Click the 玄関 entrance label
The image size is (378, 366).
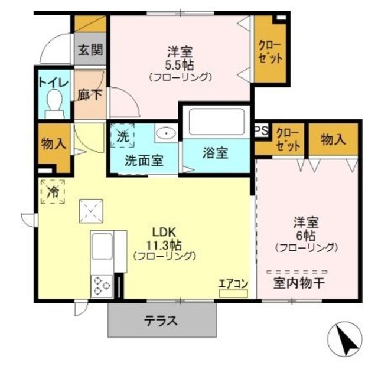click(x=89, y=50)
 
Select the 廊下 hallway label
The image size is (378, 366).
click(x=89, y=94)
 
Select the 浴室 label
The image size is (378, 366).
click(x=215, y=153)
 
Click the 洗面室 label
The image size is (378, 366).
click(x=144, y=159)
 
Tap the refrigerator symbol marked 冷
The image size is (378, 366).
click(x=53, y=192)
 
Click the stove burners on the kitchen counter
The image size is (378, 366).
click(x=101, y=287)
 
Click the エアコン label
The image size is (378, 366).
click(x=233, y=283)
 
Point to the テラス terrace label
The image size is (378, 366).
click(x=161, y=322)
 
